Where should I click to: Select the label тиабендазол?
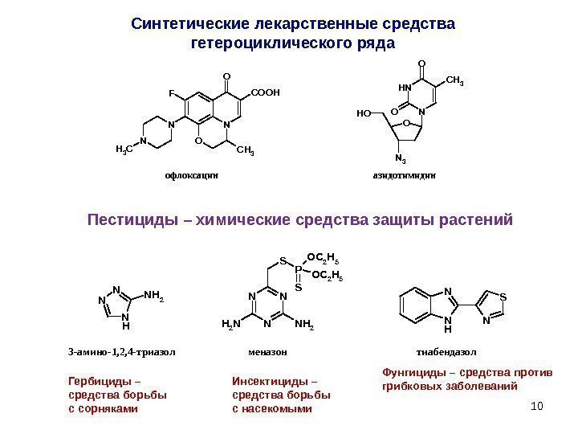pyautogui.click(x=446, y=352)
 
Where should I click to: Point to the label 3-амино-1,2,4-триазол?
pyautogui.click(x=122, y=352)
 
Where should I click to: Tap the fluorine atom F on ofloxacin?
pyautogui.click(x=171, y=93)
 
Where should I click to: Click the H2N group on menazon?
pyautogui.click(x=230, y=324)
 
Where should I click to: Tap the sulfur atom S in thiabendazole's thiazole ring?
pyautogui.click(x=503, y=296)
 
